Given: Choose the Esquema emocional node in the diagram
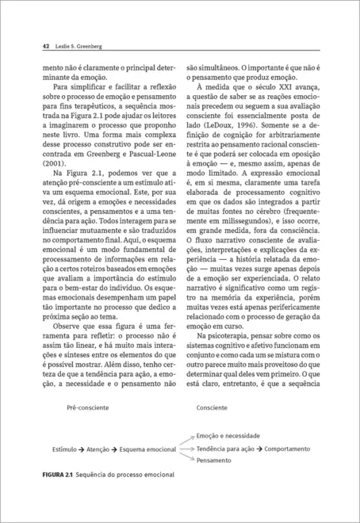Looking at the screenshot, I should pos(147,449).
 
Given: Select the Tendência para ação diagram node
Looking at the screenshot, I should pos(227,448).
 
